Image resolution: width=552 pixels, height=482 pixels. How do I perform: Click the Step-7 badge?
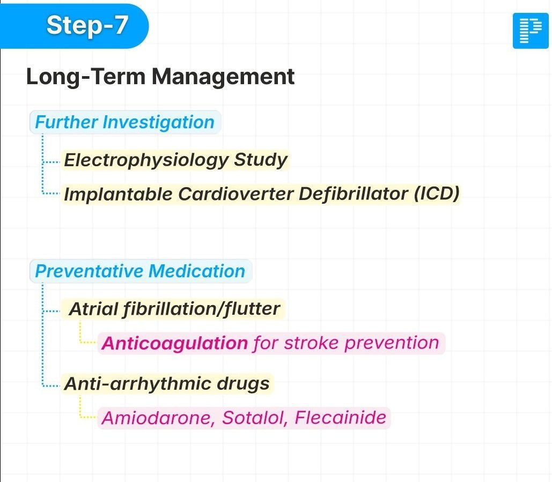pos(74,26)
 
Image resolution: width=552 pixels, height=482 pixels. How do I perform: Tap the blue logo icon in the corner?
pos(531,31)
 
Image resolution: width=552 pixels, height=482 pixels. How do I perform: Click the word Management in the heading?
pos(223,77)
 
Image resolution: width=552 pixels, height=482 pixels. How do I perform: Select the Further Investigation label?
pos(125,122)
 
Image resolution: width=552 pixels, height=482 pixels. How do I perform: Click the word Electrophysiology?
pos(146,160)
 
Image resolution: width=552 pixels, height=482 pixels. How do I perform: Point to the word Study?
pos(261,160)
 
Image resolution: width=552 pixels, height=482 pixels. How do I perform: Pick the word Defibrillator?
pos(353,194)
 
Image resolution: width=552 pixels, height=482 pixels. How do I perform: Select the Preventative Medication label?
pos(141,271)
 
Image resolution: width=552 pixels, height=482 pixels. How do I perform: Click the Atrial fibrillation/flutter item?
pos(174,309)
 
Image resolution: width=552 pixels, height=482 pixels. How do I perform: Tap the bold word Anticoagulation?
pos(175,343)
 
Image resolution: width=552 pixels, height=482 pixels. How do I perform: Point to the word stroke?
pos(311,343)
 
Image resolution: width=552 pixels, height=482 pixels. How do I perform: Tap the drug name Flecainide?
pos(341,418)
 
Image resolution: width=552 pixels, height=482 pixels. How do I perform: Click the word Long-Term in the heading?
pos(86,77)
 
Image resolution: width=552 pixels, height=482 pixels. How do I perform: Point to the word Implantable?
pos(118,194)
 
